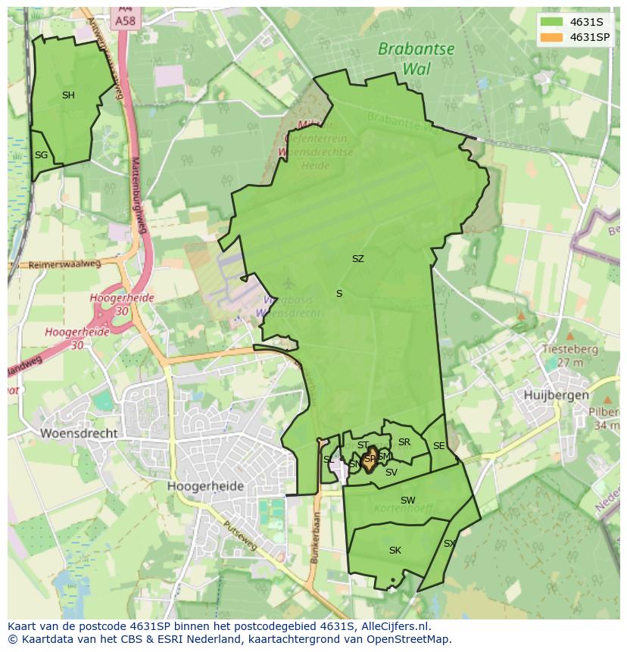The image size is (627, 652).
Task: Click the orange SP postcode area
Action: [x=369, y=460]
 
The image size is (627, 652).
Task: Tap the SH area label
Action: [x=68, y=95]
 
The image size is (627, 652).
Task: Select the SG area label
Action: [x=41, y=155]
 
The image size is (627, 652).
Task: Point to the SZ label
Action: [x=357, y=259]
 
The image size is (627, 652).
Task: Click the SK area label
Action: [x=395, y=551]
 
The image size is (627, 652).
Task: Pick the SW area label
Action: [x=407, y=501]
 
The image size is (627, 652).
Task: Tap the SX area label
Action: [x=449, y=544]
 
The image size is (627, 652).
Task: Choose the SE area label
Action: [x=438, y=446]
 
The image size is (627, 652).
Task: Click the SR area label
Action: [x=404, y=442]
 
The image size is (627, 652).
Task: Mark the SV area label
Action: [x=391, y=473]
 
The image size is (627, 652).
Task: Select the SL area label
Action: [x=328, y=460]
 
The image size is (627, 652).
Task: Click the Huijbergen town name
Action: [x=556, y=395]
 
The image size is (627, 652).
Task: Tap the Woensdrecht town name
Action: [x=80, y=433]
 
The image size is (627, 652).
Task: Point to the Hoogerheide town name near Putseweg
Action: [x=205, y=486]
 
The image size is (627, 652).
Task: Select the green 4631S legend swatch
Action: [x=552, y=22]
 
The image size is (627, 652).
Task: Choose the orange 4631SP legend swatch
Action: [x=552, y=37]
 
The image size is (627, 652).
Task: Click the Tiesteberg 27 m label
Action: [x=569, y=356]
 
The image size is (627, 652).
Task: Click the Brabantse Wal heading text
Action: [x=416, y=58]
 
